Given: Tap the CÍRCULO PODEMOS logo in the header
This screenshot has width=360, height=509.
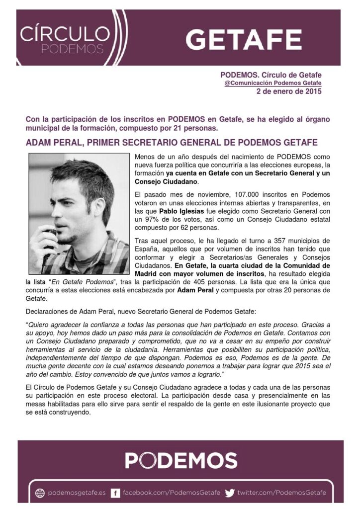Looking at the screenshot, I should pos(65,40).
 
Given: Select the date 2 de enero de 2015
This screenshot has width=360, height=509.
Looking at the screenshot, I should pos(289,91).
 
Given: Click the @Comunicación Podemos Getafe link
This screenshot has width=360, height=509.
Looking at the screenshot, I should pos(273,83).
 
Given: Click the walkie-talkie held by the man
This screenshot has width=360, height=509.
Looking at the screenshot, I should pos(50,244).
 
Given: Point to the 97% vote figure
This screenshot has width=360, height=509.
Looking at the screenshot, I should pos(154,219).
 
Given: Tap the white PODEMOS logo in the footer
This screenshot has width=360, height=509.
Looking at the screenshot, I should pos(180,460).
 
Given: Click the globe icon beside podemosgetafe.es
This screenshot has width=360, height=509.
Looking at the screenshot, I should pos(40,493).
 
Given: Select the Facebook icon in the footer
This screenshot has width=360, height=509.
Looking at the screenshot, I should pos(115,493).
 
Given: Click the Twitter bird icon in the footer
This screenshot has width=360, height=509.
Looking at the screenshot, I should pos(229,493).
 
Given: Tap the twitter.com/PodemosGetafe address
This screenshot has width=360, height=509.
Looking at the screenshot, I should pos(281,493).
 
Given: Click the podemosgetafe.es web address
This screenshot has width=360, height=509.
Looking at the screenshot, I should pos(77,493).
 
